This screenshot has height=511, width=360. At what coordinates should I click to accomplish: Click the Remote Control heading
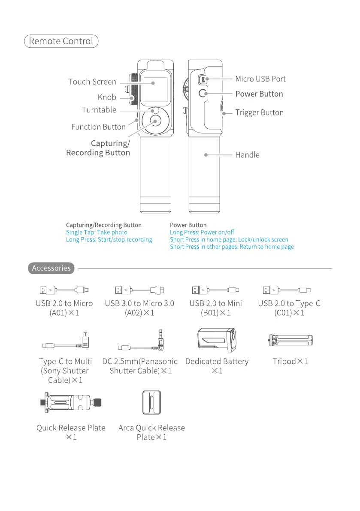pyautogui.click(x=61, y=41)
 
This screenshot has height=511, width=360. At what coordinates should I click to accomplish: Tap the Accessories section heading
pyautogui.click(x=51, y=268)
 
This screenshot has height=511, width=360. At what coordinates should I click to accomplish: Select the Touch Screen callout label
pyautogui.click(x=92, y=82)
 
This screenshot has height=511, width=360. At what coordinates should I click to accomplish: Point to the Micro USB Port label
pyautogui.click(x=260, y=79)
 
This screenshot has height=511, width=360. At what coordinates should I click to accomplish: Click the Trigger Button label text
pyautogui.click(x=259, y=113)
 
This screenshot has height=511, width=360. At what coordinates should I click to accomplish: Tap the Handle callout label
pyautogui.click(x=247, y=155)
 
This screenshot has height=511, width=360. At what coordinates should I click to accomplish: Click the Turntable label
pyautogui.click(x=99, y=110)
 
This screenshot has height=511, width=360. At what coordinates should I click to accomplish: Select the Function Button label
pyautogui.click(x=98, y=127)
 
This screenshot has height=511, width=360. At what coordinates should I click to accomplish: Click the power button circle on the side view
pyautogui.click(x=203, y=93)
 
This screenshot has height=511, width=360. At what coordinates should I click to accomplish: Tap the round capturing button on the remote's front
pyautogui.click(x=155, y=121)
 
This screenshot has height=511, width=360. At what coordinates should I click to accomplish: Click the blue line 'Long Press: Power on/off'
pyautogui.click(x=202, y=233)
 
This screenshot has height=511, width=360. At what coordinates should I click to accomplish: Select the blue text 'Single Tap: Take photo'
pyautogui.click(x=97, y=233)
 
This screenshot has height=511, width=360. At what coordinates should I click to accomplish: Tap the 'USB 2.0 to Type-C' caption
pyautogui.click(x=289, y=304)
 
